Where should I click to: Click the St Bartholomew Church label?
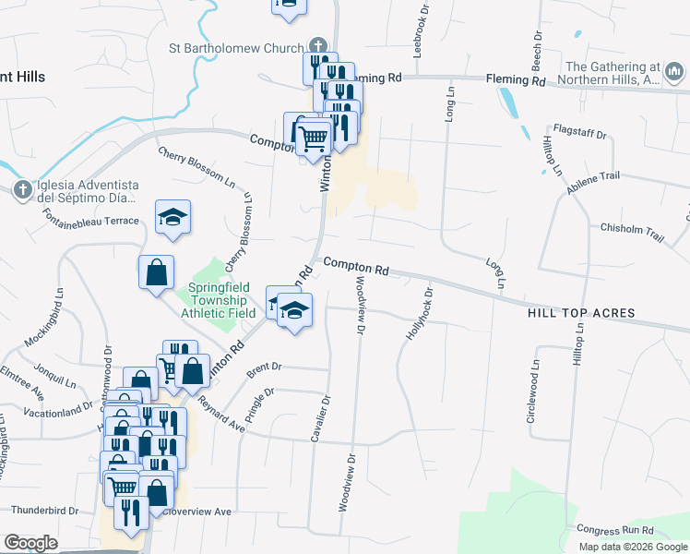coord(235,48)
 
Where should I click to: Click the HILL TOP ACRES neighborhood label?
coord(581,313)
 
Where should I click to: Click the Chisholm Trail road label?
coord(632,231)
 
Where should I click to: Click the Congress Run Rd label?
coord(614,530)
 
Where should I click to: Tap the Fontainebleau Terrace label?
coord(90,219)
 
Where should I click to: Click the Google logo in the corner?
coord(30,543)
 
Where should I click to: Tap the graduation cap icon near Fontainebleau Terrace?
coord(172,217)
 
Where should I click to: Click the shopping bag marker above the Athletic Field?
coord(156,272)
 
